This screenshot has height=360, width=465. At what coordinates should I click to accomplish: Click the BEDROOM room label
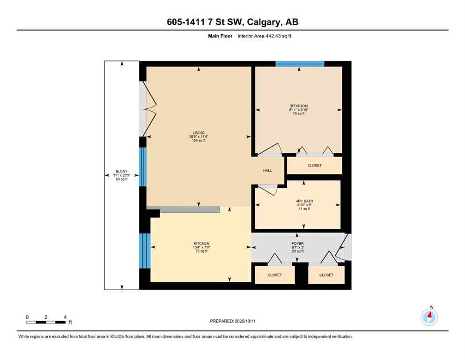click(x=298, y=106)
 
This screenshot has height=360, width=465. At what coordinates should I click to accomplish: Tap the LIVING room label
click(x=199, y=133)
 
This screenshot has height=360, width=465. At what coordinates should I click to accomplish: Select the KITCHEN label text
click(x=201, y=243)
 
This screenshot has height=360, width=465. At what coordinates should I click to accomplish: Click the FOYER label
click(x=297, y=244)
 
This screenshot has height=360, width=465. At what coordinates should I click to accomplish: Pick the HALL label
click(x=267, y=171)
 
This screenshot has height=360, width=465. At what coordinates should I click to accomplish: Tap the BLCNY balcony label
click(x=121, y=171)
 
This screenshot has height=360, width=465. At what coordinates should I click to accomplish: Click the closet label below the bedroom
click(x=314, y=165)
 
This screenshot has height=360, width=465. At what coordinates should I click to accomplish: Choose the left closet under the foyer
click(x=274, y=275)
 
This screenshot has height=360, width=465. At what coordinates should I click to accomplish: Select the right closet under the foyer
click(x=326, y=275)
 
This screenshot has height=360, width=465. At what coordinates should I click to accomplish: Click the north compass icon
click(x=429, y=317)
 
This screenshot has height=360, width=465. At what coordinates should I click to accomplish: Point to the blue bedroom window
click(x=300, y=64)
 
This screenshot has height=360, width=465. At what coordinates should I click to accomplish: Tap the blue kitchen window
click(x=145, y=251)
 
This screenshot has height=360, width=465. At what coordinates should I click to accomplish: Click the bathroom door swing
click(x=267, y=188)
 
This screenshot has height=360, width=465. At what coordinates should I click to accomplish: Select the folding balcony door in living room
click(x=149, y=109)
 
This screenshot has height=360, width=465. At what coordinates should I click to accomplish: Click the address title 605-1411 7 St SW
click(x=232, y=22)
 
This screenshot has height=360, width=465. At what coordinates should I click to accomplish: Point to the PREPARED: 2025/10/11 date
click(x=232, y=321)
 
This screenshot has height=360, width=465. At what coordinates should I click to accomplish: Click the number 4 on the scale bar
click(x=65, y=317)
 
